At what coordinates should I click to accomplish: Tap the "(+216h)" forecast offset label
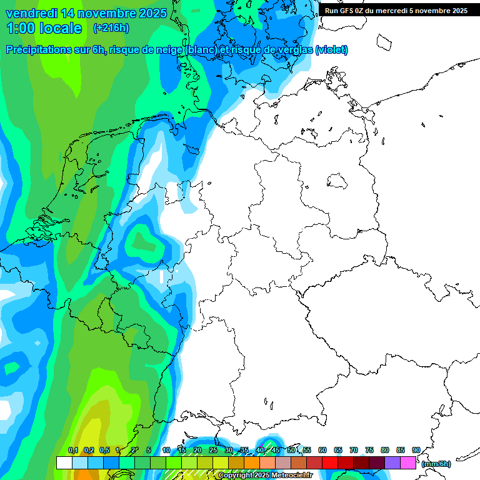coord(111,28)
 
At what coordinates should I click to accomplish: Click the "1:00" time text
coord(21,28)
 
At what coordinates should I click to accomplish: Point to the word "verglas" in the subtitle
coord(292,50)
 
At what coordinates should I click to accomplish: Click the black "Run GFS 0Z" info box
coord(396,11)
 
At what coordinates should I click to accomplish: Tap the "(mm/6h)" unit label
coord(436,464)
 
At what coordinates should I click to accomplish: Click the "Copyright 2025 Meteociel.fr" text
coord(265,476)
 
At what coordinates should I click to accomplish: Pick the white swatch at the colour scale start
coord(64,463)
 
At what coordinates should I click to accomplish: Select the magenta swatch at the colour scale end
coord(408,463)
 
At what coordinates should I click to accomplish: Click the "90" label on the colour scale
coord(416,450)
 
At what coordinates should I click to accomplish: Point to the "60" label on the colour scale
coord(322,450)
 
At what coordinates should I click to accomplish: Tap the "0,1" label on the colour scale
coord(73,450)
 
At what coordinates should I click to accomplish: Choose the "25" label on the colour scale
coord(213,450)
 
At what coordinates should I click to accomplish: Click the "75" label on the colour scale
coord(369,450)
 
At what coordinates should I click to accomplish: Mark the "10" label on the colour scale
coord(166,450)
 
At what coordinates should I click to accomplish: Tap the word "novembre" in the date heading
coord(103,13)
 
